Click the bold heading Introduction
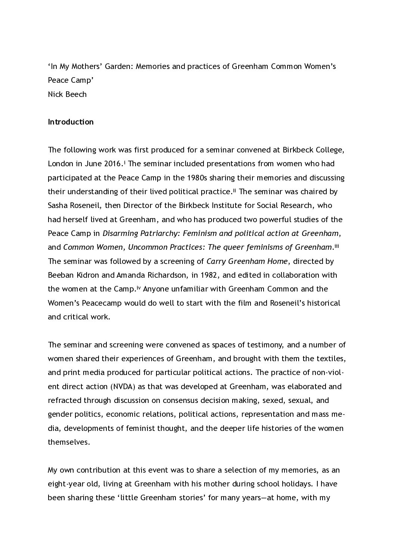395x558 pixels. tap(71, 122)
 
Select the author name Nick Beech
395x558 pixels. tap(67, 94)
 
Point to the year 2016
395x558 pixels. tap(112, 164)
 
